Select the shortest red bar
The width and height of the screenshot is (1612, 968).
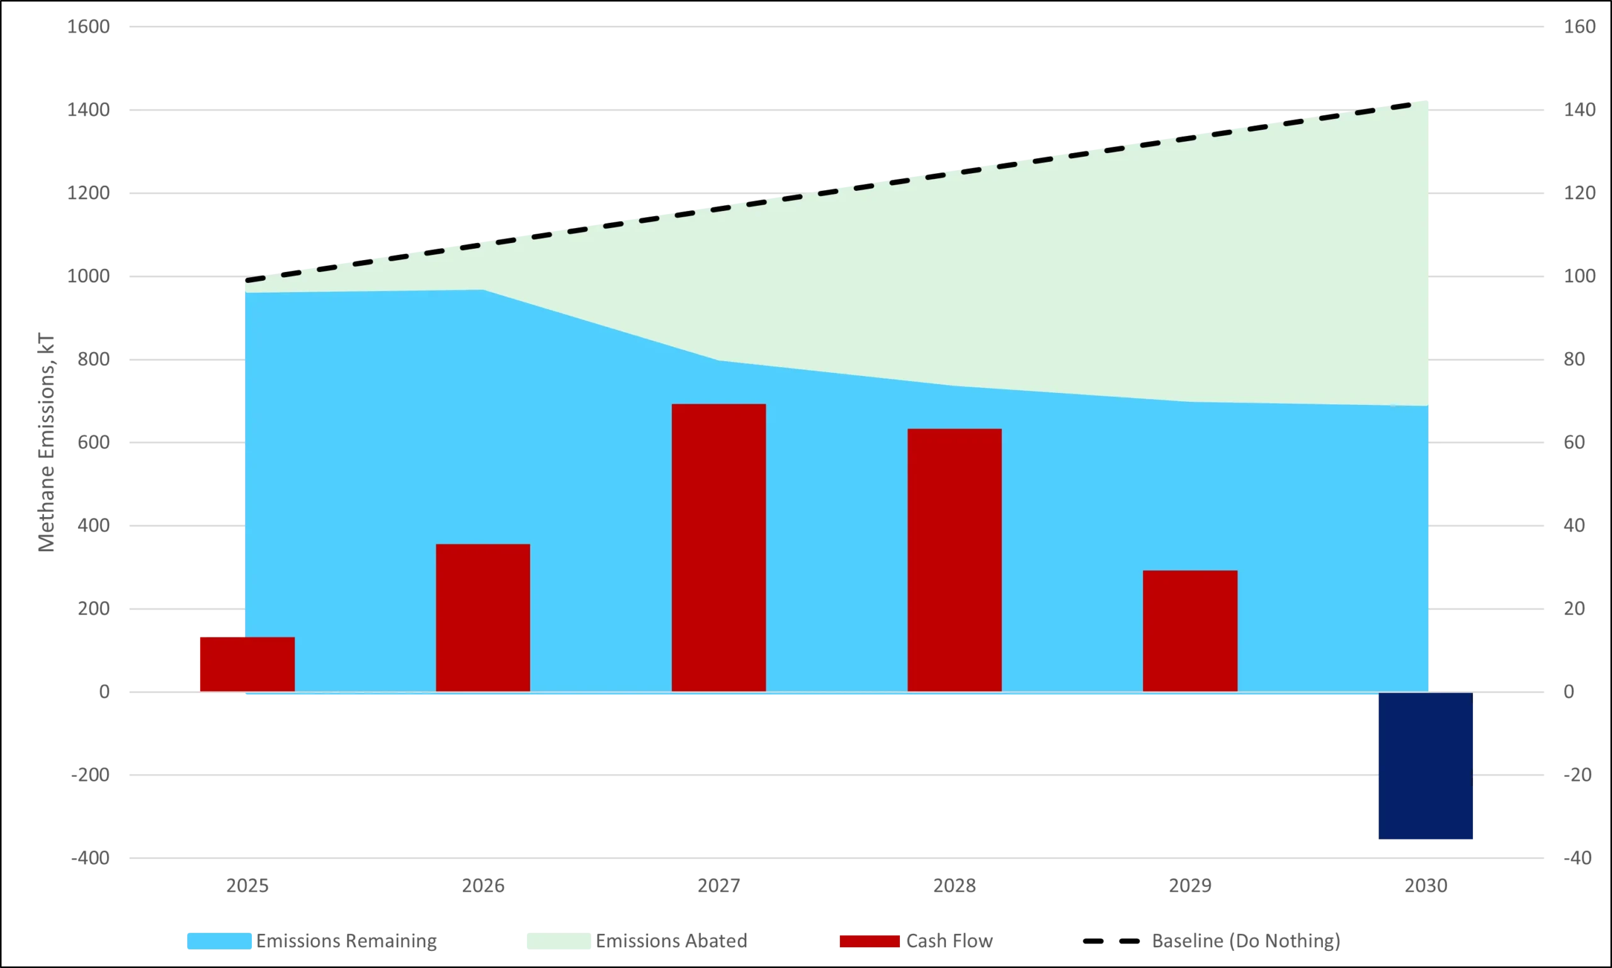(246, 663)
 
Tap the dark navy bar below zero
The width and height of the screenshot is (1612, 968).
(1425, 766)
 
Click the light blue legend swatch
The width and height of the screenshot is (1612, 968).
(220, 942)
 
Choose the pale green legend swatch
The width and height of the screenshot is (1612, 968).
(558, 942)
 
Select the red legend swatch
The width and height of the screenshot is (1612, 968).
(869, 942)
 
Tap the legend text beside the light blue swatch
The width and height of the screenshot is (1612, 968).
(347, 942)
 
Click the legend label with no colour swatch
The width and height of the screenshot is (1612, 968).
(1243, 942)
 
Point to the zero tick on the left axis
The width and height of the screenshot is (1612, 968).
(103, 692)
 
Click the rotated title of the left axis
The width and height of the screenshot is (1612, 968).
(45, 441)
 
